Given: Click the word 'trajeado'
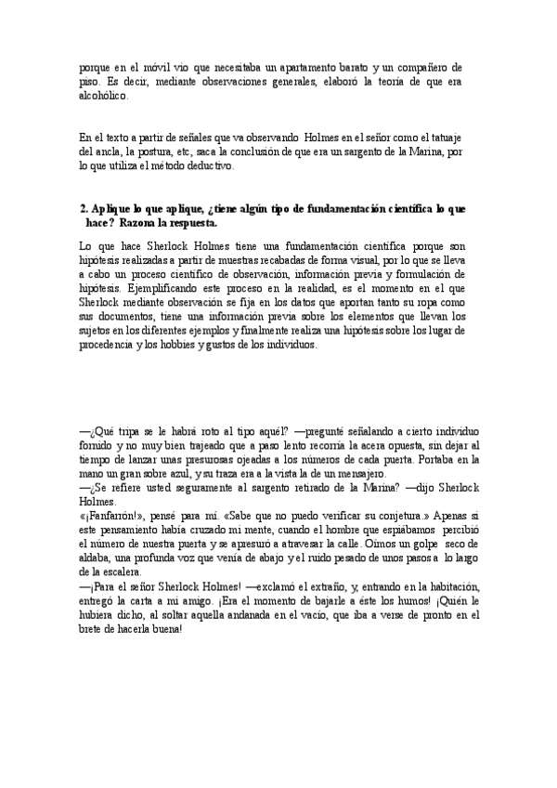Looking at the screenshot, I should [201, 446].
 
